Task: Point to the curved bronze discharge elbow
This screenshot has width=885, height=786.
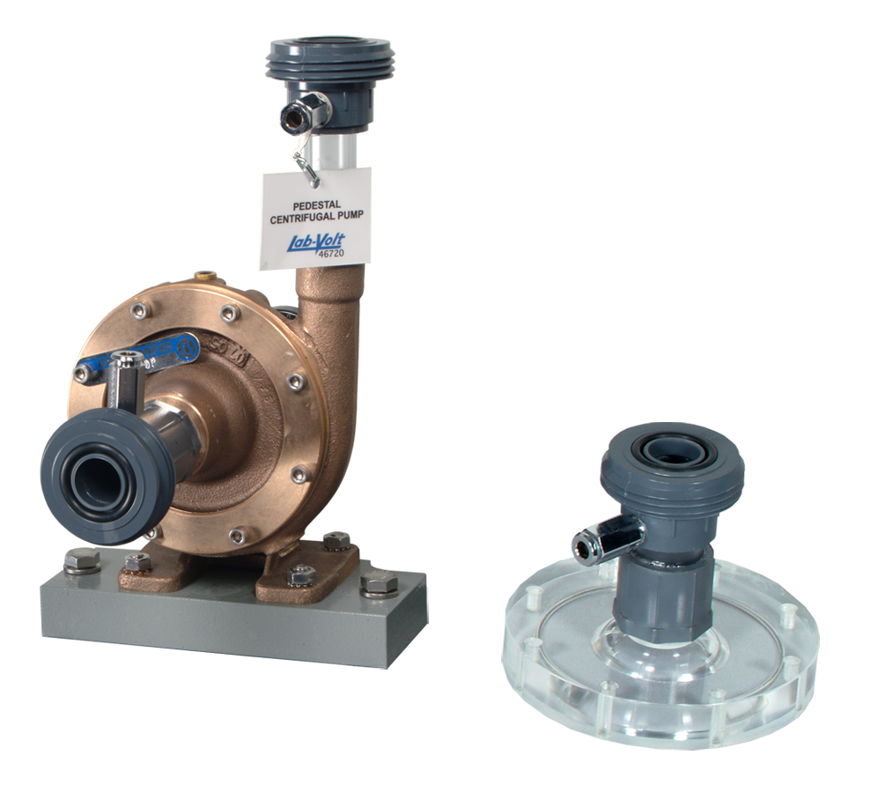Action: click(x=328, y=291)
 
